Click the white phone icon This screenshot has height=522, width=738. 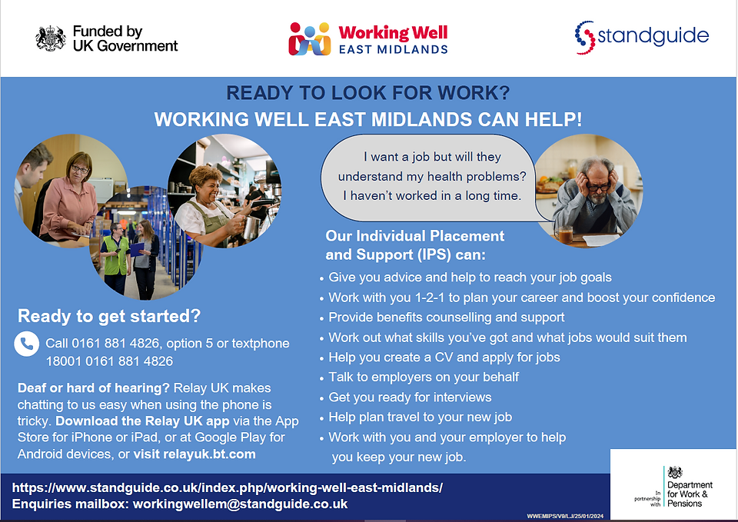[27, 344]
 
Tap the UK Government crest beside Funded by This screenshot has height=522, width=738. [51, 38]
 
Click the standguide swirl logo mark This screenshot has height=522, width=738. [585, 38]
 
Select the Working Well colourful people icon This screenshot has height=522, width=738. [310, 39]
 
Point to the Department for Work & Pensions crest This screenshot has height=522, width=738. [675, 472]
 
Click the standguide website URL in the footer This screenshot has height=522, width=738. [228, 487]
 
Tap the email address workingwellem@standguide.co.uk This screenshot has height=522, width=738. [241, 504]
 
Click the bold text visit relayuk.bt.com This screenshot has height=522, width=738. [194, 454]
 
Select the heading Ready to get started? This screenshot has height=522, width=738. [109, 316]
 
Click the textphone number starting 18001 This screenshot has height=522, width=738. [109, 361]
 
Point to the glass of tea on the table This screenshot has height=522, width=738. [565, 234]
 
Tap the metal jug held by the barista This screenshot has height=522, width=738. [251, 228]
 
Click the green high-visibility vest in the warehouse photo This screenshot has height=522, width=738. [116, 255]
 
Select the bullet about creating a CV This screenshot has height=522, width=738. [444, 357]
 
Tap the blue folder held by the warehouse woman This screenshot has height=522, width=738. [137, 248]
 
